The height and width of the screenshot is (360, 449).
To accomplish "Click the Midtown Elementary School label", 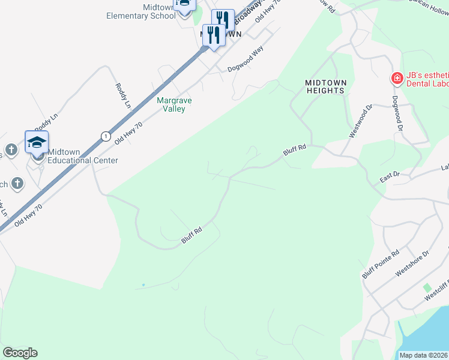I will click(140, 11).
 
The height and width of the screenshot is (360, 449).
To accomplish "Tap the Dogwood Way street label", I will click(246, 60).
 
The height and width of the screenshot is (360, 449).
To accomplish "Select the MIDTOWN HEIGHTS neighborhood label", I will click(325, 86).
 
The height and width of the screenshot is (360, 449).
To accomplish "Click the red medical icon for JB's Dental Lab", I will click(396, 78).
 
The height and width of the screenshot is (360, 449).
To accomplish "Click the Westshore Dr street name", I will click(413, 264).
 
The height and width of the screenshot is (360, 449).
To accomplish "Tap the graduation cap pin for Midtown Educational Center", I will click(37, 142).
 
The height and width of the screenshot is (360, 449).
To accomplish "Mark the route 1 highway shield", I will click(106, 136).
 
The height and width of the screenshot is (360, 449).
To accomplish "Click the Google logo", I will click(20, 353).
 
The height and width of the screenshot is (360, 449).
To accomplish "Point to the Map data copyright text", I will click(424, 355).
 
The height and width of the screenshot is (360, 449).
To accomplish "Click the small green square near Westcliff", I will click(427, 288).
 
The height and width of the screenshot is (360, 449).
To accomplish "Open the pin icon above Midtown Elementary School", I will click(184, 5).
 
